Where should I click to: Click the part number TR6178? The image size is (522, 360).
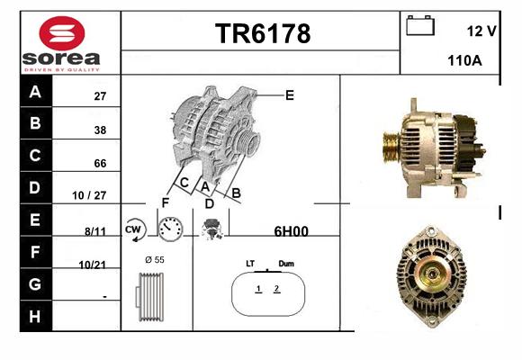263,33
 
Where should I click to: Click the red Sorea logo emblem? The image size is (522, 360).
62,33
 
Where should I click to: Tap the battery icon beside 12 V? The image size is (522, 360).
420,25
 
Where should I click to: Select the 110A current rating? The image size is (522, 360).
464,60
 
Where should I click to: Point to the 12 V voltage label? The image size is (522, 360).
481,31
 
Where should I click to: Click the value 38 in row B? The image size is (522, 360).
100,130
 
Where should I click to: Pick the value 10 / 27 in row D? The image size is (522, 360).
89,195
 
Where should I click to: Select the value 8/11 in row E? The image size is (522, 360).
95,231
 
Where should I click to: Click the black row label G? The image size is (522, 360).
36,284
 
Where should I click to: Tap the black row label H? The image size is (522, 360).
36,317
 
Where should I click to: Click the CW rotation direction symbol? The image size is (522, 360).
135,229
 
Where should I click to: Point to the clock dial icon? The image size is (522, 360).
170,229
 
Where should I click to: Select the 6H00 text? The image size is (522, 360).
291,231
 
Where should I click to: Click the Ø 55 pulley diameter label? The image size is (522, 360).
155,260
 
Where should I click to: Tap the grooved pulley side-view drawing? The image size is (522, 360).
149,297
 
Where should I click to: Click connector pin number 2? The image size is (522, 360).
276,288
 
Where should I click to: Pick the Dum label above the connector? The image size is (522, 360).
286,264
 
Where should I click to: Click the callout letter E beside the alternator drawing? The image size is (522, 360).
290,95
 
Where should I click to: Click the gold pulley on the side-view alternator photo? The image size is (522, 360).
391,148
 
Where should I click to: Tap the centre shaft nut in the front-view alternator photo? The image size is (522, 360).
432,274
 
